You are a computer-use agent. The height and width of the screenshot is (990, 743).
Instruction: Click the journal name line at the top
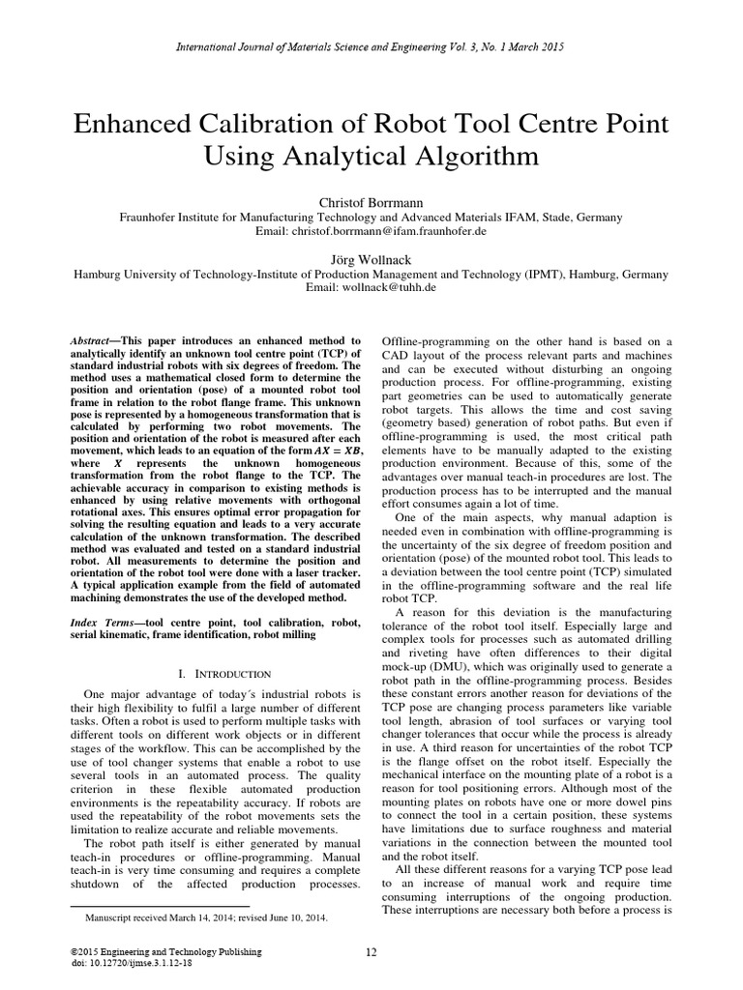tap(371, 46)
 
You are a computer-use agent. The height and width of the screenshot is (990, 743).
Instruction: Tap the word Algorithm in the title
tap(459, 156)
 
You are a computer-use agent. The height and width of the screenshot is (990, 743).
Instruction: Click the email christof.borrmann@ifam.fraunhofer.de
tap(401, 232)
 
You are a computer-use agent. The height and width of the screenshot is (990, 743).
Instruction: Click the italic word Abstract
tap(96, 342)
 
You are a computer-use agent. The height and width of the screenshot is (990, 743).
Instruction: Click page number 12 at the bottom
tap(371, 952)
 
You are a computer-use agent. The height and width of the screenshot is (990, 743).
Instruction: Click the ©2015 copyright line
tap(161, 952)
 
